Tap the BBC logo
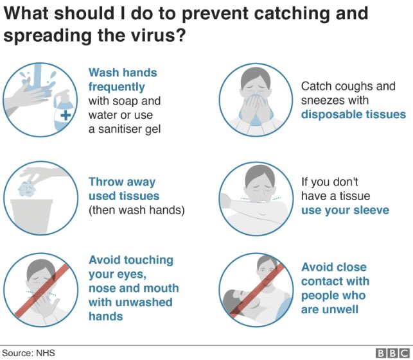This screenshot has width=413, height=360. [392, 353]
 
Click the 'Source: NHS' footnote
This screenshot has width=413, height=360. [28, 353]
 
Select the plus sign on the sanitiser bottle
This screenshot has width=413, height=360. [66, 115]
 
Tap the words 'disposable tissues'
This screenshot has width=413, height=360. [353, 114]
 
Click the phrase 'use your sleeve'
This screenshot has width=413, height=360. [345, 210]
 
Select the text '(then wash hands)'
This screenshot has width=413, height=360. [136, 210]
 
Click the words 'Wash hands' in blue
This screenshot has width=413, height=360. [123, 73]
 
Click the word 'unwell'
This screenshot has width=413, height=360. [340, 309]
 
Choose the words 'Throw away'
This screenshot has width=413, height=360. [122, 182]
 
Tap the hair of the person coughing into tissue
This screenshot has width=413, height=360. [256, 75]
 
